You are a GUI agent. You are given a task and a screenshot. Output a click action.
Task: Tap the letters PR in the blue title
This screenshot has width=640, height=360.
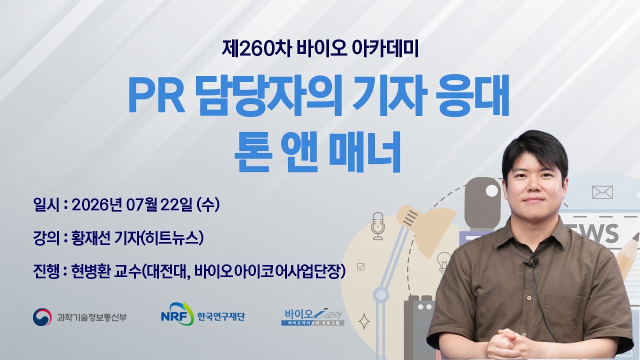click(157, 95)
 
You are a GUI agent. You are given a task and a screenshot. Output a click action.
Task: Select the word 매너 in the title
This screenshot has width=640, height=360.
click(364, 151)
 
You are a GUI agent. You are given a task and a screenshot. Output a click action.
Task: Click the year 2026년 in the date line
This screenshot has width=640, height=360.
click(97, 204)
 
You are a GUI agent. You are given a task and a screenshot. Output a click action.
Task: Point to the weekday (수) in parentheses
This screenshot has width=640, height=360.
click(208, 204)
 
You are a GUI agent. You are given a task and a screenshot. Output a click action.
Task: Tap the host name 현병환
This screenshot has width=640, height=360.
click(90, 271)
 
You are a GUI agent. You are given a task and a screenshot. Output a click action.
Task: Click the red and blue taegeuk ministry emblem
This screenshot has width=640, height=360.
click(42, 317)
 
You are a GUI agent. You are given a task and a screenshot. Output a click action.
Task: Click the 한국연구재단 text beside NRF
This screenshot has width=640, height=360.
click(221, 316)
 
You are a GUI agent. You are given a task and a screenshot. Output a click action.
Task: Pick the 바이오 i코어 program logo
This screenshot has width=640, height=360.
click(312, 317)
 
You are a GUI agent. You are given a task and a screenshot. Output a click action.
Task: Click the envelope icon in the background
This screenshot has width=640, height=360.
click(602, 192)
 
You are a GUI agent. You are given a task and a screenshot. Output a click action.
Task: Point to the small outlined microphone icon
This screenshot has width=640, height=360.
click(378, 226)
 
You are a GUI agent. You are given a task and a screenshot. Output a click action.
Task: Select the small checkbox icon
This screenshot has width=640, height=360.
click(361, 266)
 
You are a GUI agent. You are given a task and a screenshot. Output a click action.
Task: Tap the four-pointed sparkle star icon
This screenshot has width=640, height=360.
click(364, 321)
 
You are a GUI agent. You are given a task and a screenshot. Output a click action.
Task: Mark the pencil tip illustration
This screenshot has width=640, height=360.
click(635, 237)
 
